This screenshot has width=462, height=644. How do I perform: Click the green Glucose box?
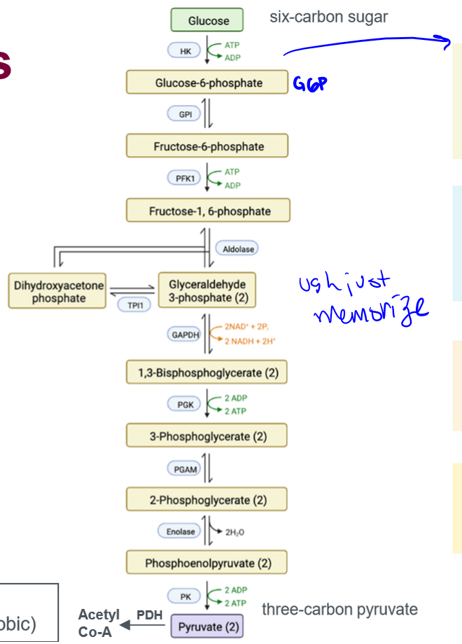(208, 20)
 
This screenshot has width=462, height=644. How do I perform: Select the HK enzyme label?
(185, 51)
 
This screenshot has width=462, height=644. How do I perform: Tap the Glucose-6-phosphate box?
(208, 83)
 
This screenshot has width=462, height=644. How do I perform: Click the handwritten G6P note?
(310, 84)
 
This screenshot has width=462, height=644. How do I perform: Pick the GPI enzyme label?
(185, 114)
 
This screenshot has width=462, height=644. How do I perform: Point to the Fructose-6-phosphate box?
(208, 146)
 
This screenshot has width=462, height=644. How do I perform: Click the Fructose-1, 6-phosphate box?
(208, 211)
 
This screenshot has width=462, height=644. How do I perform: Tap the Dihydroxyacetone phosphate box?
(58, 291)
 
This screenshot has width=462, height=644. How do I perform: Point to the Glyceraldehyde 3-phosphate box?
(207, 291)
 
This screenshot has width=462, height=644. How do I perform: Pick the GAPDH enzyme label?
(185, 335)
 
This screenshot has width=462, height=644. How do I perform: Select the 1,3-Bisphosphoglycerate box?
(208, 372)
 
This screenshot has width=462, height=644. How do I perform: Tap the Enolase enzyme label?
(181, 532)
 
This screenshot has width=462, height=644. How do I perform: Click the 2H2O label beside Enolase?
(234, 533)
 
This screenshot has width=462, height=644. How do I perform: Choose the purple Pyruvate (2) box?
(208, 626)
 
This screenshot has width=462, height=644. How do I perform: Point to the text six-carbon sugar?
(328, 17)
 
